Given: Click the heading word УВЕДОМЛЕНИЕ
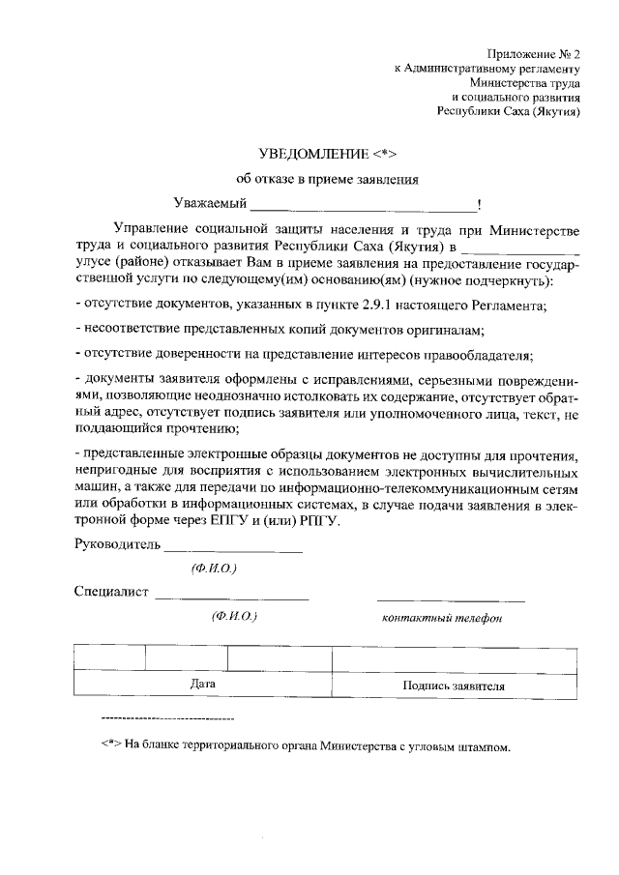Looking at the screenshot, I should (x=313, y=154).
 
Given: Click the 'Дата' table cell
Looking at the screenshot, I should (x=202, y=685).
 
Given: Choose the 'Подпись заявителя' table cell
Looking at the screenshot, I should (x=454, y=685).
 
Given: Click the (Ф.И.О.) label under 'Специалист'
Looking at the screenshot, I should (x=233, y=616).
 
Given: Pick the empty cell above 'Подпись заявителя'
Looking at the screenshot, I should (x=454, y=658).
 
